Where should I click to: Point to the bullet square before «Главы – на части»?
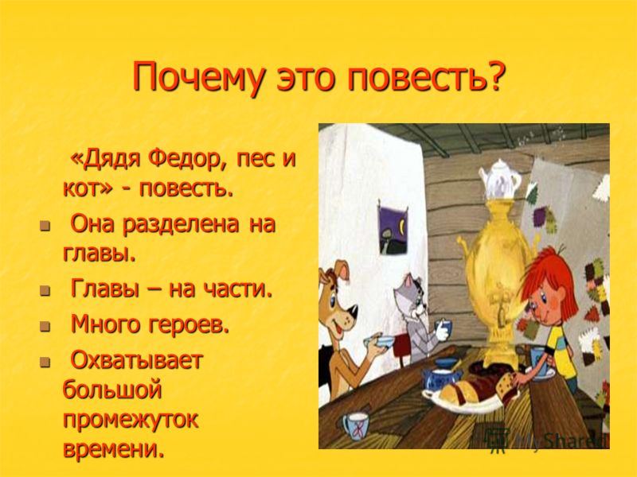[x=45, y=290]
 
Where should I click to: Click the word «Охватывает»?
[x=136, y=359]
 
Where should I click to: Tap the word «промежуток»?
[x=131, y=421]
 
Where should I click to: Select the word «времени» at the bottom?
[x=114, y=448]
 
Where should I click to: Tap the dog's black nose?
[x=354, y=312]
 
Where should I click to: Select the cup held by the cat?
[x=443, y=328]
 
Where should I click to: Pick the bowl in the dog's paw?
[x=380, y=341]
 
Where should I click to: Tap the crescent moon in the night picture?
[x=402, y=227]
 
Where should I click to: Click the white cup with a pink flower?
[x=354, y=426]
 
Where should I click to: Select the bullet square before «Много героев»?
[x=45, y=326]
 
